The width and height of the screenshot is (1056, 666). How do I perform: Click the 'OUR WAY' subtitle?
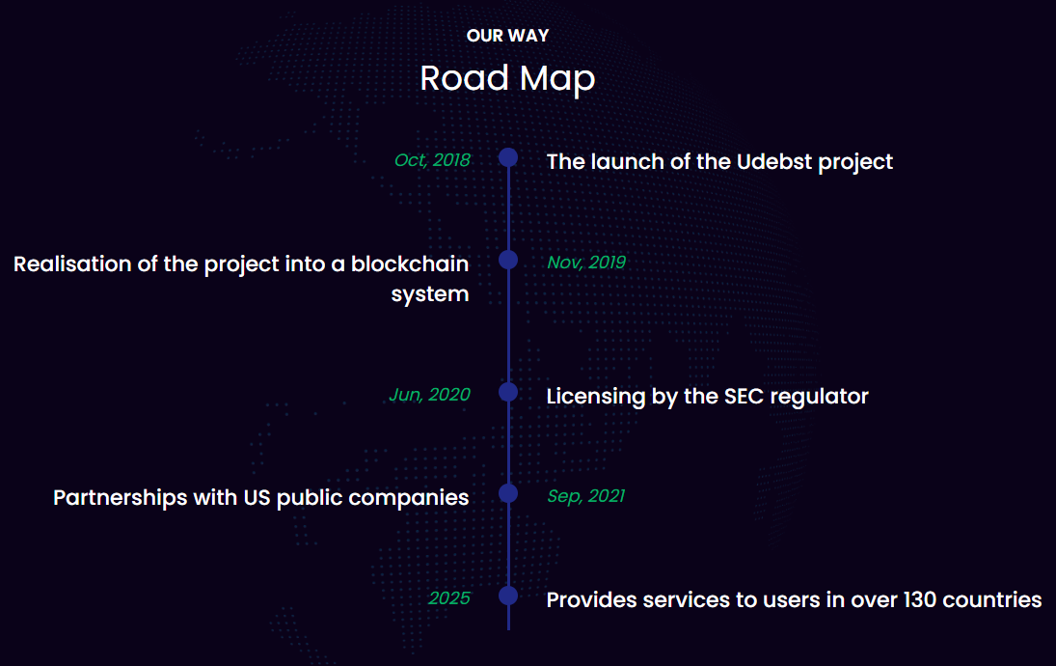point(508,36)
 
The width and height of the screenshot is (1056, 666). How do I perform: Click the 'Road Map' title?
point(508,78)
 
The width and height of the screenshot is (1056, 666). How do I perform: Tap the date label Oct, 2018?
point(432,160)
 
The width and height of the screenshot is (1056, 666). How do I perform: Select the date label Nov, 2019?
point(586,263)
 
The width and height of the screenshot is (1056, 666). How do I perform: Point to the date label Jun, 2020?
point(430,395)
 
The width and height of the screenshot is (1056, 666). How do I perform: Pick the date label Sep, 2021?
point(586,496)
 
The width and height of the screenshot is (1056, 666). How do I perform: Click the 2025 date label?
point(449,597)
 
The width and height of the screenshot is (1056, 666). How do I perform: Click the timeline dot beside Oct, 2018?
point(508,157)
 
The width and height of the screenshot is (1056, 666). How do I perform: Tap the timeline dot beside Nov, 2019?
point(508,260)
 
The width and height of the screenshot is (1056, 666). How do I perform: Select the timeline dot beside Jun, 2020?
point(508,392)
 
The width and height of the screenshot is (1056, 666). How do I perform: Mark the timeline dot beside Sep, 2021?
point(508,493)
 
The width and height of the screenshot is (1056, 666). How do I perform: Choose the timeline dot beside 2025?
point(508,596)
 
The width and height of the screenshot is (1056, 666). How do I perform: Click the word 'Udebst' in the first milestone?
point(774,162)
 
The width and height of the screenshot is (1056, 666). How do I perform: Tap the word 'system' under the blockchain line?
point(430,294)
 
